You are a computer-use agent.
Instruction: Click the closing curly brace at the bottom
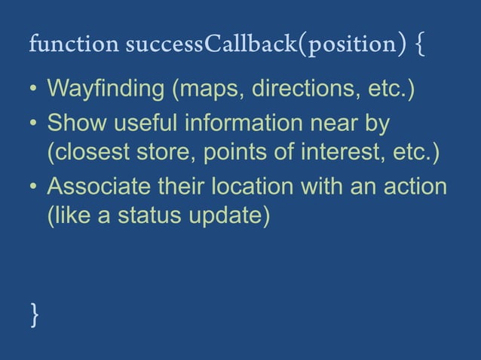click(34, 313)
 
